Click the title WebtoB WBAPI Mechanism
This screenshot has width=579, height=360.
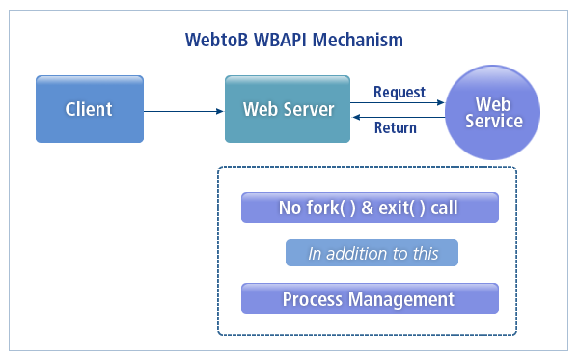293,41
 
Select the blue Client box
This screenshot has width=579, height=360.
89,109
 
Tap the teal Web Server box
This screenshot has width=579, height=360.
288,109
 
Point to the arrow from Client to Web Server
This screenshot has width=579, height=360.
182,109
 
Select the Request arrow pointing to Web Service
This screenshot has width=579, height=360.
398,103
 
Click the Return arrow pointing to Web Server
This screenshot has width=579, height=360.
398,117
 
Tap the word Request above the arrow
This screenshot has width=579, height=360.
400,92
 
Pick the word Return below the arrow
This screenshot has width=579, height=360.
396,127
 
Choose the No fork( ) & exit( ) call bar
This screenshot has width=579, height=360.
369,208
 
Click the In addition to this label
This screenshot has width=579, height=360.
372,254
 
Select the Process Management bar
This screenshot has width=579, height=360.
369,299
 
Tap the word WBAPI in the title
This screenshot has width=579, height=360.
279,41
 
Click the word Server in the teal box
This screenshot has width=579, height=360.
311,109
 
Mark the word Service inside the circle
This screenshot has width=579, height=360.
493,122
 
